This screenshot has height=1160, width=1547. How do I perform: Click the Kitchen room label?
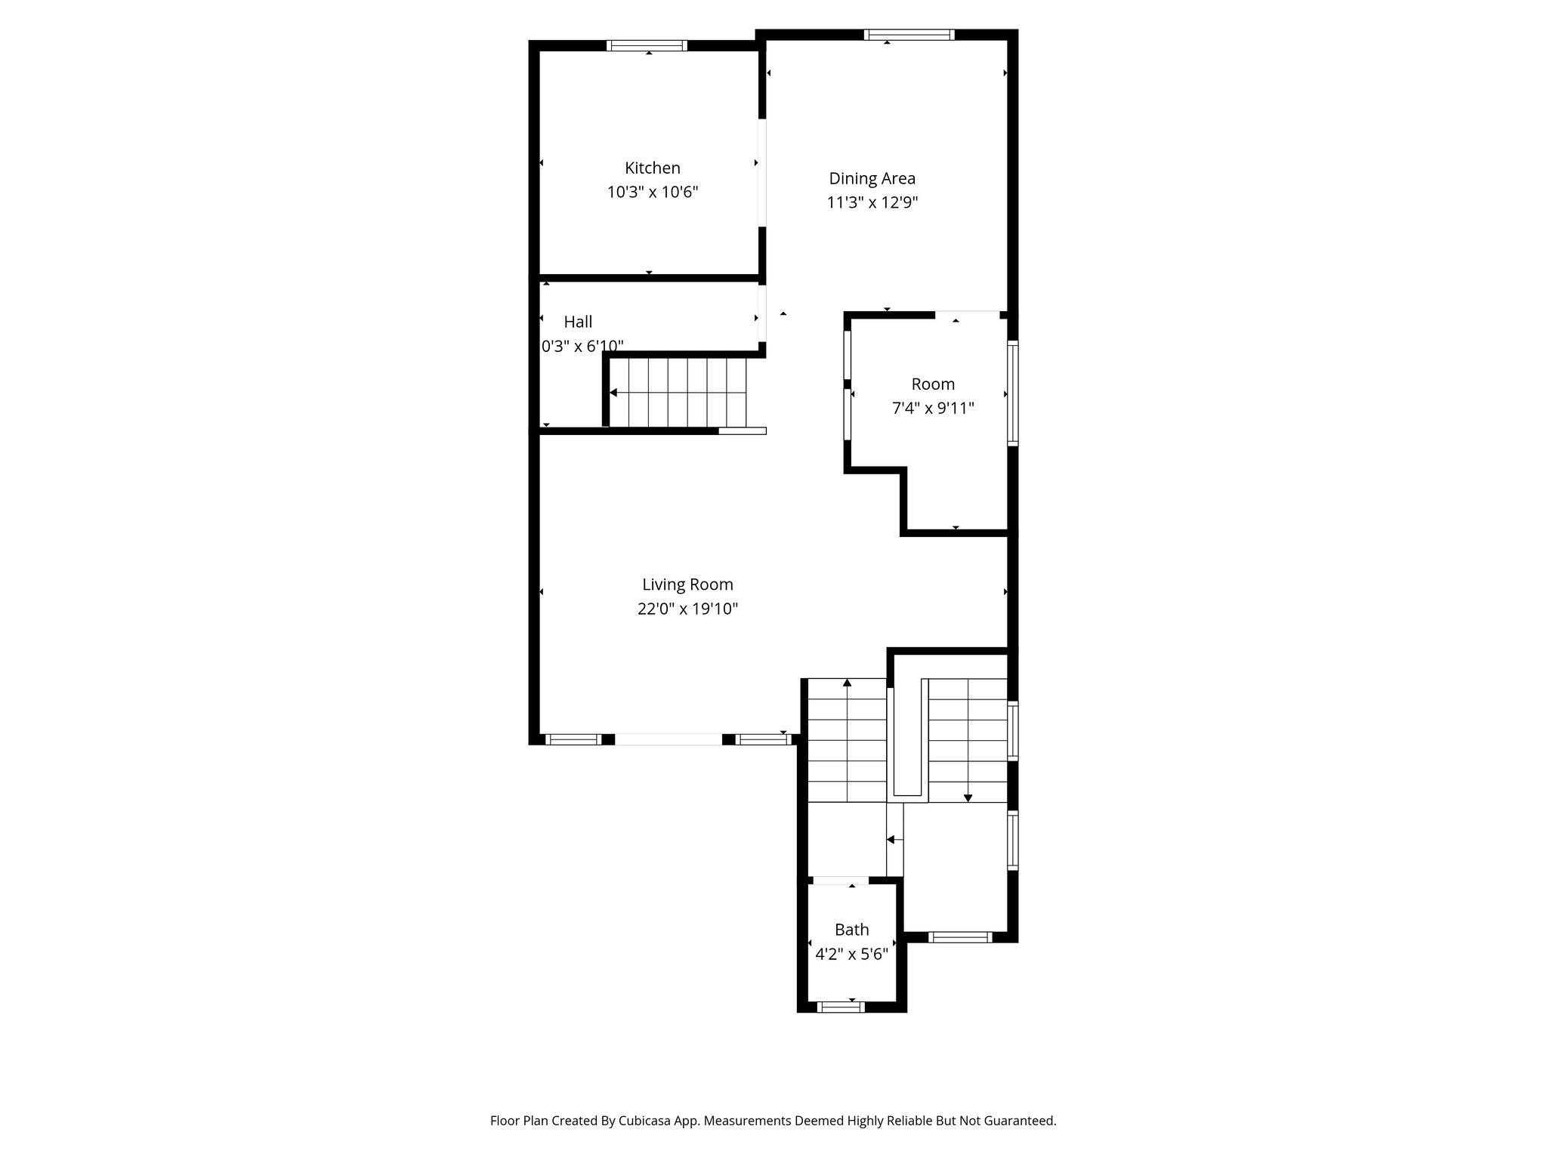[x=652, y=168]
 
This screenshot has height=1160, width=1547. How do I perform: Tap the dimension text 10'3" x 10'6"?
[x=652, y=192]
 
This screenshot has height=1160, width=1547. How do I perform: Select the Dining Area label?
[x=872, y=178]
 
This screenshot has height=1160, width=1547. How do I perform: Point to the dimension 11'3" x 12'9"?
[x=872, y=202]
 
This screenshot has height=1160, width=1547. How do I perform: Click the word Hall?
[x=578, y=322]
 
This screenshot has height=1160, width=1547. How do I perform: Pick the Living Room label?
[x=687, y=584]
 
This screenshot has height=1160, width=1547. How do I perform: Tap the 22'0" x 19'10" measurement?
[x=687, y=609]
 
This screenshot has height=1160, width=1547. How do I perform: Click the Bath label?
[x=851, y=930]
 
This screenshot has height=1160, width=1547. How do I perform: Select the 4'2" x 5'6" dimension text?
[x=851, y=954]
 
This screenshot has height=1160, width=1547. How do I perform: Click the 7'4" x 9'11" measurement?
[x=933, y=409]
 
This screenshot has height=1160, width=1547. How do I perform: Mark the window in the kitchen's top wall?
[x=647, y=45]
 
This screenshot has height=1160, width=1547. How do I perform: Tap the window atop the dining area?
[x=909, y=35]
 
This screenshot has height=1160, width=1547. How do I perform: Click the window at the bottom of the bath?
[x=841, y=1006]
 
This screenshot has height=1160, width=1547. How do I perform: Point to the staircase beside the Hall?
[x=678, y=393]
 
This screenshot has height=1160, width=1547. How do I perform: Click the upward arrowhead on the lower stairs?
[x=847, y=683]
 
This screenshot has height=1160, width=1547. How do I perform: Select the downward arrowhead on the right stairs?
[x=968, y=797]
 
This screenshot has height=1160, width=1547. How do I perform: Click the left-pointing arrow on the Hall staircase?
[x=613, y=393]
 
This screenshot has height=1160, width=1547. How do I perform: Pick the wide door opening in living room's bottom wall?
[x=669, y=739]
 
